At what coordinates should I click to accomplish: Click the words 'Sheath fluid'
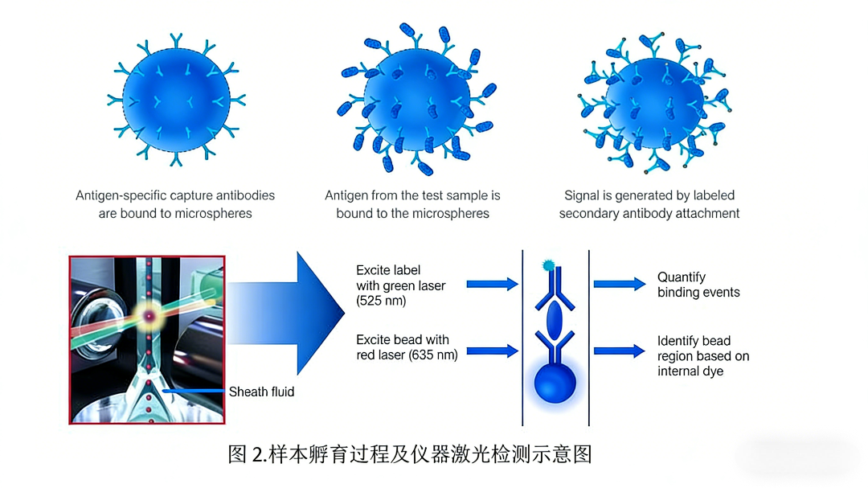tap(261, 392)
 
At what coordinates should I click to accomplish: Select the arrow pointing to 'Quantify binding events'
tap(619, 284)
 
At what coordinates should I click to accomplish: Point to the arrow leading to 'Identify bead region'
tap(619, 351)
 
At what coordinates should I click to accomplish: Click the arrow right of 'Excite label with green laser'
tap(492, 284)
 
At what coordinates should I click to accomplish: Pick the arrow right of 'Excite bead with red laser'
tap(492, 351)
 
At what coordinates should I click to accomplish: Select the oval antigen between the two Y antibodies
tap(555, 320)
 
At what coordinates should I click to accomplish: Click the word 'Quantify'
tap(682, 277)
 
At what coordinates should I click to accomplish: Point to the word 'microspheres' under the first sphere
tap(217, 214)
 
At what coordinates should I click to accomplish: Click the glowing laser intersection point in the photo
tap(148, 317)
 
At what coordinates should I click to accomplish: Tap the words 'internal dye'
tap(690, 371)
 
